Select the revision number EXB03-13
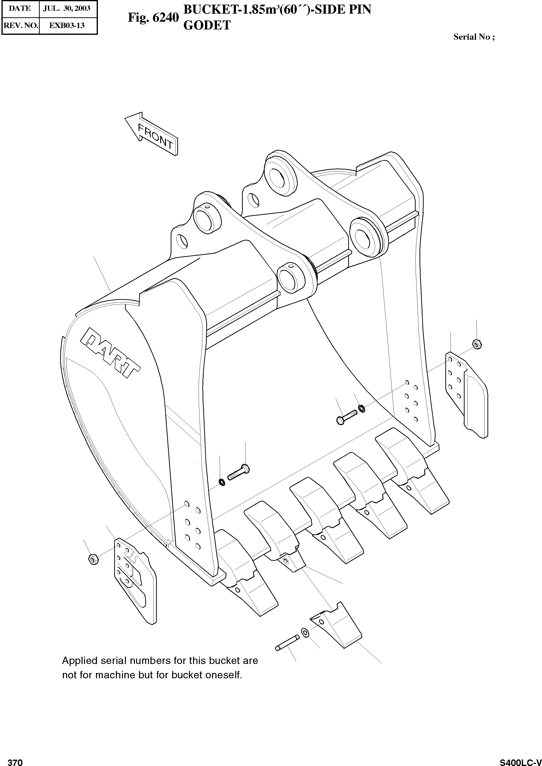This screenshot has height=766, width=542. pos(67,25)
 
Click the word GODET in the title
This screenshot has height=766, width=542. pos(207,25)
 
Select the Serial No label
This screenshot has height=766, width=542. pos(474,37)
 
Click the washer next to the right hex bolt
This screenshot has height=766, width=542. pos(361,408)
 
